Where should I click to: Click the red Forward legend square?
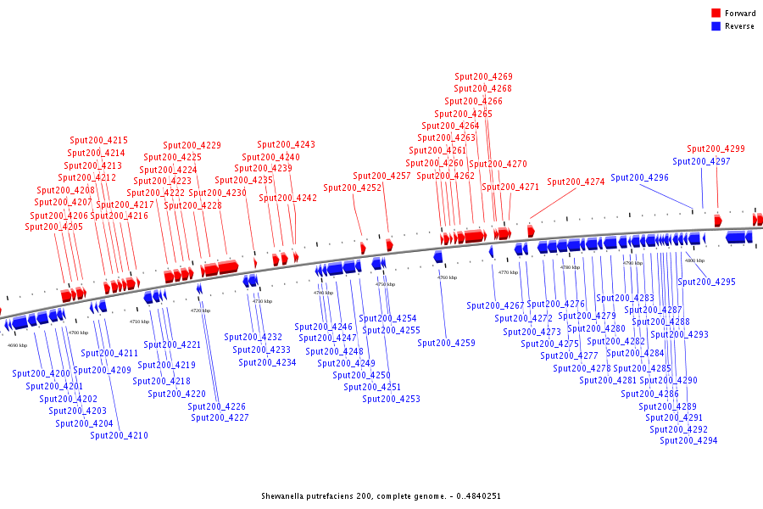pyautogui.click(x=716, y=14)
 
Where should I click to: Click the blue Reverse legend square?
pyautogui.click(x=716, y=26)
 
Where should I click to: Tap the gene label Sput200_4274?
pyautogui.click(x=576, y=182)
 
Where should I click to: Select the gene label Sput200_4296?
pyautogui.click(x=639, y=178)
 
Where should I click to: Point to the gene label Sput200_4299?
pyautogui.click(x=716, y=149)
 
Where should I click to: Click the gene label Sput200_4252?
pyautogui.click(x=352, y=188)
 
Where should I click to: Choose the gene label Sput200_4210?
pyautogui.click(x=119, y=436)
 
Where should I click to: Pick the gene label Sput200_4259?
pyautogui.click(x=446, y=344)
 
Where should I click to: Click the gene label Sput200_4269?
pyautogui.click(x=483, y=77)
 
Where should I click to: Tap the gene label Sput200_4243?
pyautogui.click(x=286, y=145)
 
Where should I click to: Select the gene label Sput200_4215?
pyautogui.click(x=98, y=141)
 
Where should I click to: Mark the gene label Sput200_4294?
pyautogui.click(x=688, y=440)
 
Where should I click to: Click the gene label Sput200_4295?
pyautogui.click(x=707, y=282)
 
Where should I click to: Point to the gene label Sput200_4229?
pyautogui.click(x=192, y=146)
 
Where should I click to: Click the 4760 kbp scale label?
pyautogui.click(x=447, y=277)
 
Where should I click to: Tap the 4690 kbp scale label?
pyautogui.click(x=18, y=345)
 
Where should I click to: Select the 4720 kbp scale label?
pyautogui.click(x=201, y=310)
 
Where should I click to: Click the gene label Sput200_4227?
pyautogui.click(x=220, y=417)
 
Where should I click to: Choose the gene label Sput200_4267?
pyautogui.click(x=495, y=305)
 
